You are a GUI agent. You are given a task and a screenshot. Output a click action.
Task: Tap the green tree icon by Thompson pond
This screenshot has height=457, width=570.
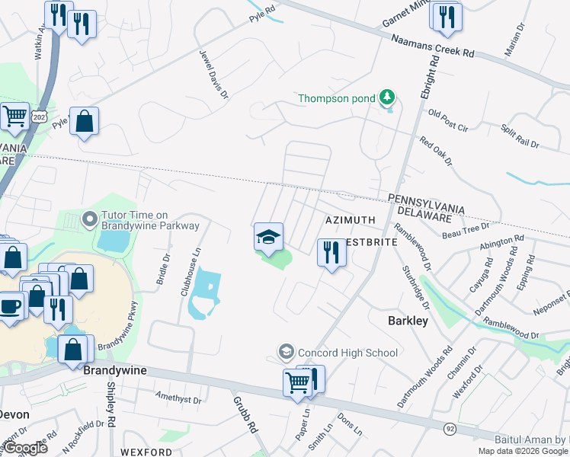point(389,97)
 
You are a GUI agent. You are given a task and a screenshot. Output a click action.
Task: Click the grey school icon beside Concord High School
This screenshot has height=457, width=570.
point(286,351)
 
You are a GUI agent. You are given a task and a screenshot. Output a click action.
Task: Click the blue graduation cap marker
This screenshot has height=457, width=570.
point(268,237)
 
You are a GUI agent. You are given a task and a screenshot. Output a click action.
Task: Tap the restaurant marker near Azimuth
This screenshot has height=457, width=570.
point(331,252)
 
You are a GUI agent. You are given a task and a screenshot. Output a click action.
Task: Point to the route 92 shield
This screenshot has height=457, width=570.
point(450,430)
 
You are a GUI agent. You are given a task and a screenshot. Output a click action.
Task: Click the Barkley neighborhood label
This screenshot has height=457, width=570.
point(407,321)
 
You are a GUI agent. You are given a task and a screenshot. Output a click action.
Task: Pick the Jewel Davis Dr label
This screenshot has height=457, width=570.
point(213,75)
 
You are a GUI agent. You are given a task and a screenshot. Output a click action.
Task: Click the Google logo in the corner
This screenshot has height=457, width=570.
point(24,448)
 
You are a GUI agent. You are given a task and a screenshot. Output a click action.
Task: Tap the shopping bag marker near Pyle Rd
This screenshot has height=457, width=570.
point(85,121)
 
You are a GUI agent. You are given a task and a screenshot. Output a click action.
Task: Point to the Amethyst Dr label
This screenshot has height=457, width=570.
point(178,398)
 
